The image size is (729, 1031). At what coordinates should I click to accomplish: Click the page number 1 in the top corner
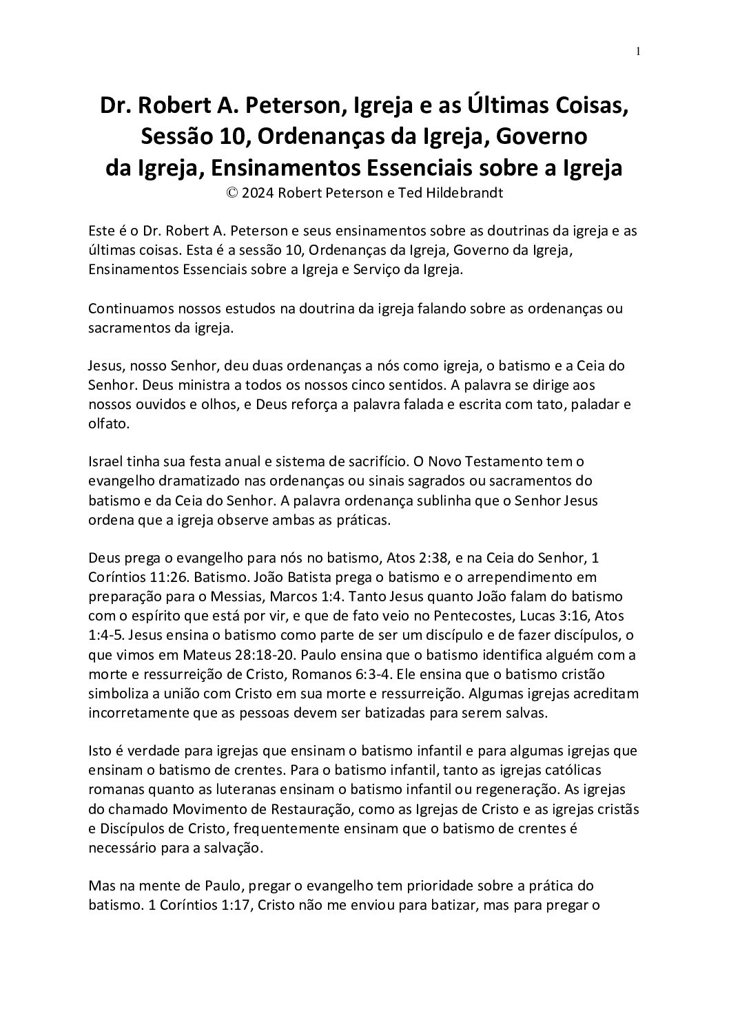[x=639, y=51]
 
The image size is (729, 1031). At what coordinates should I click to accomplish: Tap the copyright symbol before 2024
[x=234, y=193]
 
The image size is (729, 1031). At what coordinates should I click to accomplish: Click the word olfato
[x=107, y=424]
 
